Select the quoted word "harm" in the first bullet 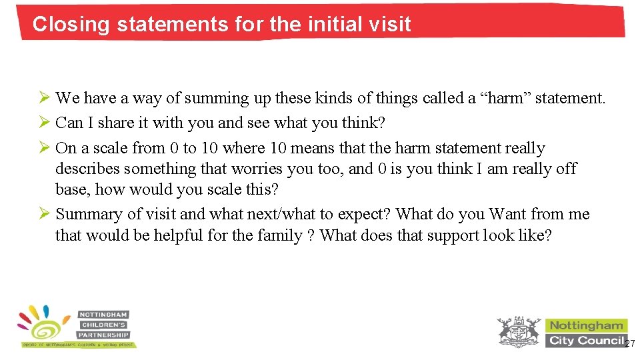coord(501,99)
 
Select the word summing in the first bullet coord(215,99)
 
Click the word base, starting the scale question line coord(72,189)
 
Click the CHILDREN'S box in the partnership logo coord(103,324)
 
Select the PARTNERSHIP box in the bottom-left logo coord(103,335)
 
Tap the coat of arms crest coord(519,331)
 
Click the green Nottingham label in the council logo coord(586,325)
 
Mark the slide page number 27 coord(631,343)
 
